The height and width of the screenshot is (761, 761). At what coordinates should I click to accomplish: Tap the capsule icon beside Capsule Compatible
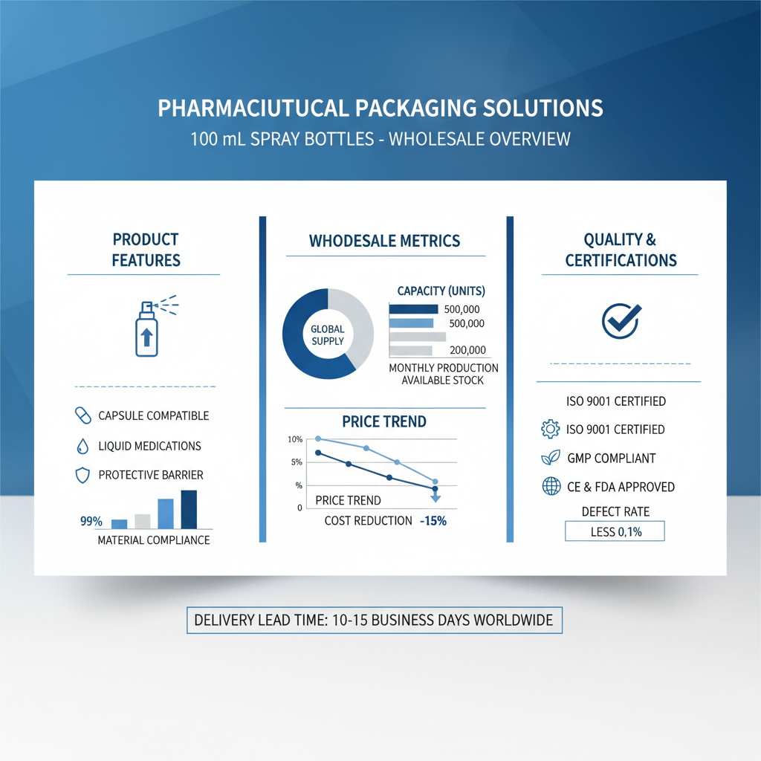click(x=83, y=415)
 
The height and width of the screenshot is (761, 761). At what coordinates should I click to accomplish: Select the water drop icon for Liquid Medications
click(x=83, y=446)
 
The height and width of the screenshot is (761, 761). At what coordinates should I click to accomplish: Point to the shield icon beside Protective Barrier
click(x=83, y=475)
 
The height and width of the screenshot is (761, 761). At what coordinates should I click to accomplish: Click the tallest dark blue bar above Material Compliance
click(x=189, y=509)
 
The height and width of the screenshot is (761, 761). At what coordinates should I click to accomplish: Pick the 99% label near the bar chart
click(x=91, y=521)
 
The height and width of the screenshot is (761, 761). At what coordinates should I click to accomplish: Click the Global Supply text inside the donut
click(x=328, y=335)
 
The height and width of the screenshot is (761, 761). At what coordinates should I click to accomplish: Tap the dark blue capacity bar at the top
click(x=413, y=309)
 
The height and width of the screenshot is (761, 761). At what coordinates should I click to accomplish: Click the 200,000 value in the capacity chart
click(x=467, y=350)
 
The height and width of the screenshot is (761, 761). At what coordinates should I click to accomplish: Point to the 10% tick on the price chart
click(x=295, y=439)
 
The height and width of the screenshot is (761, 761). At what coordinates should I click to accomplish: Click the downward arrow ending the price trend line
click(x=435, y=496)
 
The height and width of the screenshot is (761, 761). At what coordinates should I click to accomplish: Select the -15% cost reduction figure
click(x=433, y=521)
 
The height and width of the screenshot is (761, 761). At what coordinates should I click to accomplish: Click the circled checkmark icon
click(x=621, y=321)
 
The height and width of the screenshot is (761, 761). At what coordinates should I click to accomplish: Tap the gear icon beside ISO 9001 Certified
click(x=551, y=429)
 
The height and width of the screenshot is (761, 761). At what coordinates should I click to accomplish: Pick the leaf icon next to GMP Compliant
click(x=551, y=458)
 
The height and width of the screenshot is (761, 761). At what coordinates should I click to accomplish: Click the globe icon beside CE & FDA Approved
click(x=551, y=486)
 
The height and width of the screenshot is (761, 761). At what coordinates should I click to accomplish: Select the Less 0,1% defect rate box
click(x=615, y=531)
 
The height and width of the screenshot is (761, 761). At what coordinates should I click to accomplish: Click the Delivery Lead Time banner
click(x=375, y=621)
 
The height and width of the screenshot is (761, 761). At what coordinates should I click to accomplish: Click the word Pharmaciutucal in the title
click(x=253, y=108)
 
